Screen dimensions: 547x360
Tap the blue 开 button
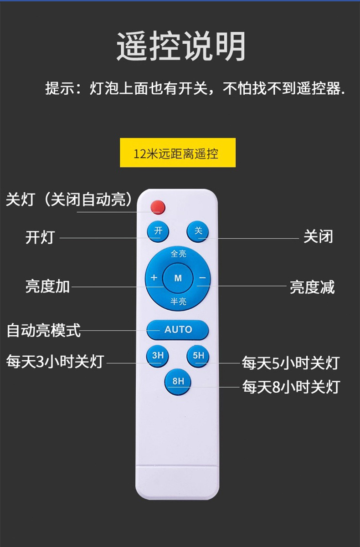point(158,231)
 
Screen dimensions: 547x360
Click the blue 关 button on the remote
point(198,231)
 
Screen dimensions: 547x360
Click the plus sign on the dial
point(154,278)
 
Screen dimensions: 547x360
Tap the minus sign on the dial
point(202,278)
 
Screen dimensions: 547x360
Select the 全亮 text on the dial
point(178,254)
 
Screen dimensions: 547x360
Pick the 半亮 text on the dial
point(178,301)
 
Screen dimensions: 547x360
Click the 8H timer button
point(178,381)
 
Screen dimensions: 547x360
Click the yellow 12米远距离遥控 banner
point(178,153)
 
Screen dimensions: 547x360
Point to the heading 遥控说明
point(180,47)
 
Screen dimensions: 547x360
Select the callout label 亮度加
point(47,286)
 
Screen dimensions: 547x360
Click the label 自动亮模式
point(44,330)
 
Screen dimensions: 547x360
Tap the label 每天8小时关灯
point(291,387)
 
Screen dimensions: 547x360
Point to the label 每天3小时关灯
point(55,362)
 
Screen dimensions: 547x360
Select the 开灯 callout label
point(40,237)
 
